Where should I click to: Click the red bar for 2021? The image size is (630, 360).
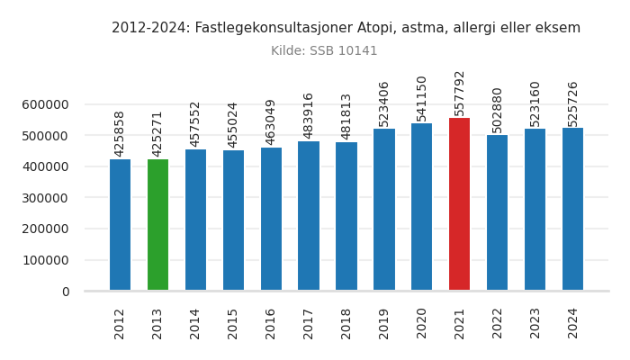pyautogui.click(x=459, y=204)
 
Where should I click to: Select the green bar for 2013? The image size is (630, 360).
pyautogui.click(x=157, y=225)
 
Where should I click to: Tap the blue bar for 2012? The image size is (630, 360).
pyautogui.click(x=120, y=225)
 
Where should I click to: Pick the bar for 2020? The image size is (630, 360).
pyautogui.click(x=421, y=207)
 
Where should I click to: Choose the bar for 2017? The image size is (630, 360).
pyautogui.click(x=309, y=216)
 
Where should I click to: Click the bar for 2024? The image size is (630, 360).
pyautogui.click(x=572, y=209)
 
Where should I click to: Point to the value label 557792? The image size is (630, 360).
pyautogui.click(x=460, y=93)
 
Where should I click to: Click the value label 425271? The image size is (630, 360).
pyautogui.click(x=157, y=133)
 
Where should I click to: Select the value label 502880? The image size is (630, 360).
pyautogui.click(x=498, y=110)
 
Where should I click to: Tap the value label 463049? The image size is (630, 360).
pyautogui.click(x=271, y=122)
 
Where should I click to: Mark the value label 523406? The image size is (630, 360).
pyautogui.click(x=384, y=103)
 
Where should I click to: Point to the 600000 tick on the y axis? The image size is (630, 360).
pyautogui.click(x=45, y=104)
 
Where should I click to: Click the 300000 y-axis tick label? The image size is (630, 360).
pyautogui.click(x=45, y=198)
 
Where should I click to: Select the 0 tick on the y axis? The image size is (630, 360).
pyautogui.click(x=65, y=292)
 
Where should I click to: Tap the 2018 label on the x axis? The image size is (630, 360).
pyautogui.click(x=346, y=323)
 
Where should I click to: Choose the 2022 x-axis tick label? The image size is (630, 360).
pyautogui.click(x=498, y=323)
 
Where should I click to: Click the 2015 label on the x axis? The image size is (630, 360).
pyautogui.click(x=233, y=323)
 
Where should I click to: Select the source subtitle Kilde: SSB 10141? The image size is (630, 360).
pyautogui.click(x=324, y=51)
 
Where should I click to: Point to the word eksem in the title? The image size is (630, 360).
pyautogui.click(x=560, y=28)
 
